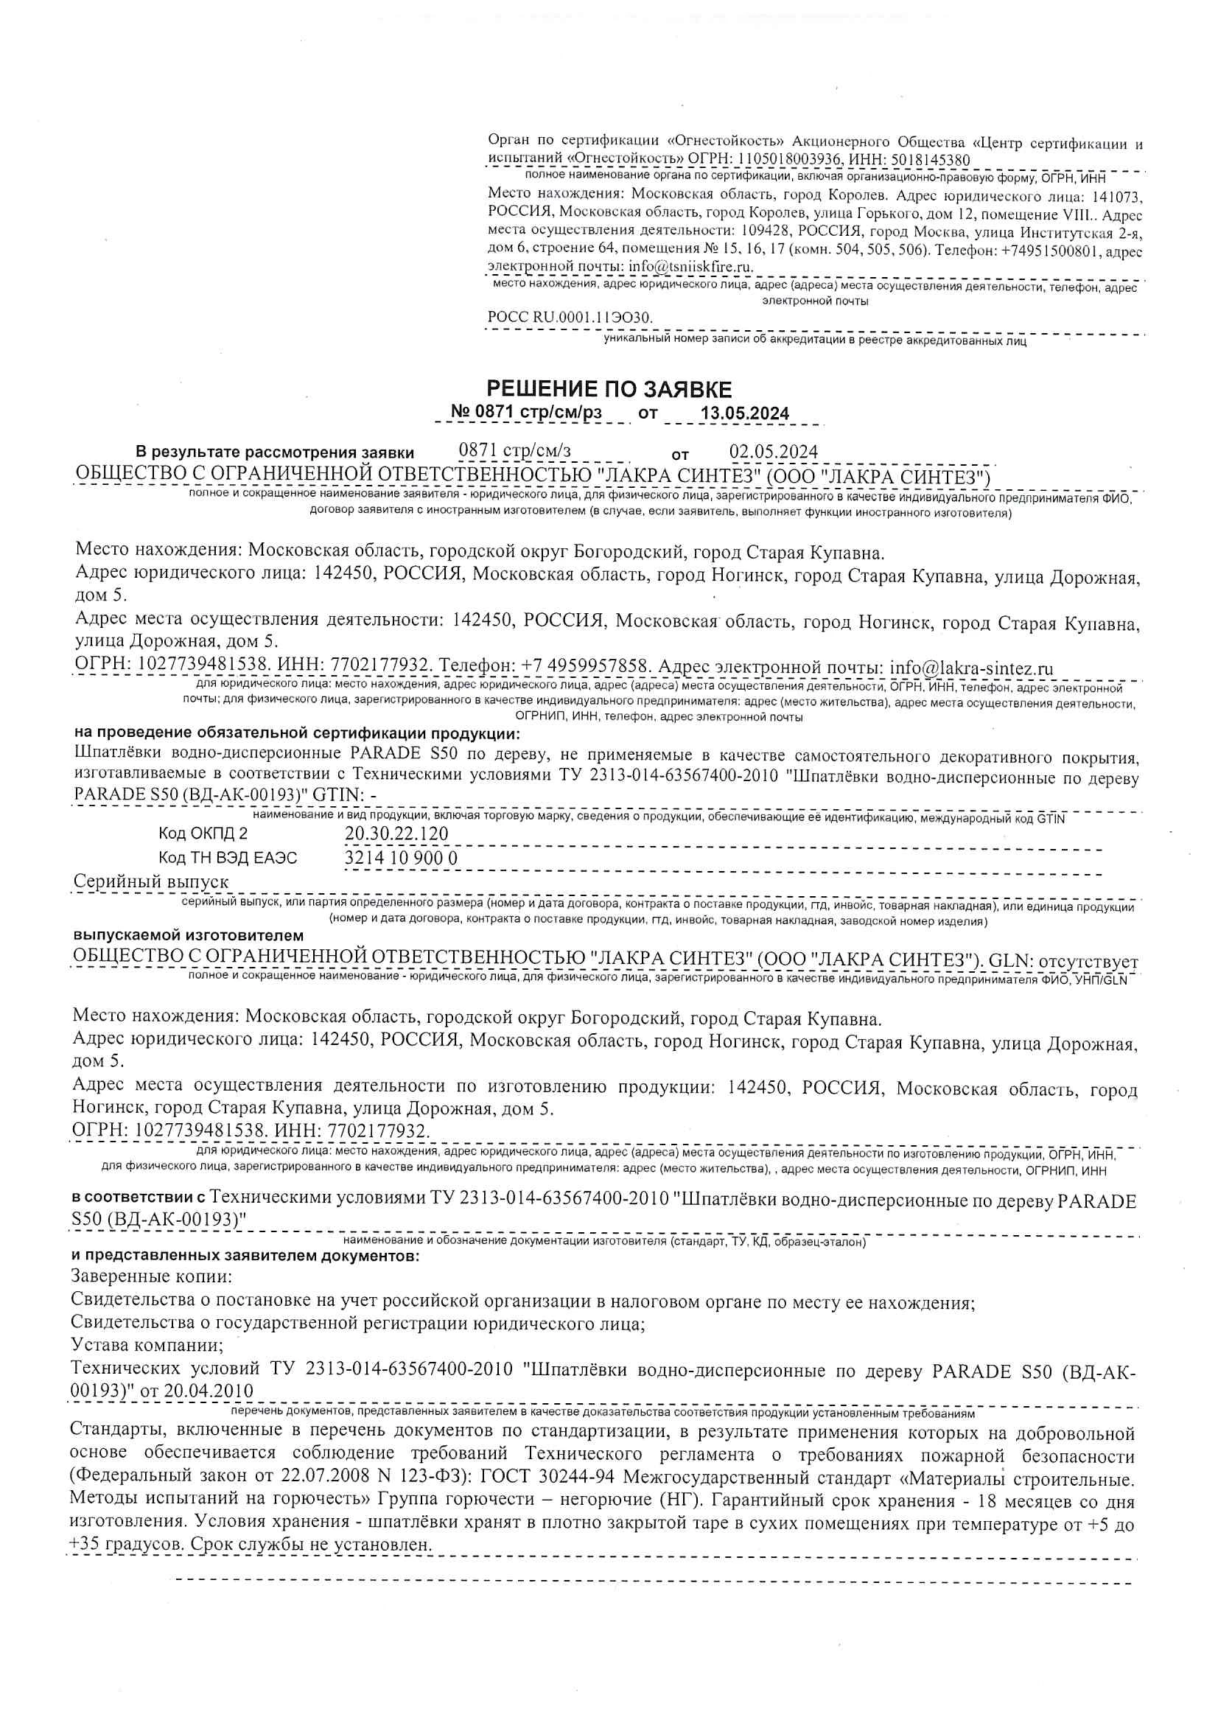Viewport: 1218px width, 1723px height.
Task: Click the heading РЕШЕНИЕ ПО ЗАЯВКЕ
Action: pos(609,389)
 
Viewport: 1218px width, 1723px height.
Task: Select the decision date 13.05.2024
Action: pos(743,413)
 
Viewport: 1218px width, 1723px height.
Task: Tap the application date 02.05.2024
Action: pos(773,452)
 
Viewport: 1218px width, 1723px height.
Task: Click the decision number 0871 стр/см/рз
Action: pos(526,413)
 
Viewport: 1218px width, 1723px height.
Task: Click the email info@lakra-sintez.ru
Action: pos(971,668)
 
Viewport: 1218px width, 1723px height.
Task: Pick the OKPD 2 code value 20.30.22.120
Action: pos(396,833)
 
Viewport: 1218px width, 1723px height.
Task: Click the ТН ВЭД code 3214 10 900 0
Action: pos(401,858)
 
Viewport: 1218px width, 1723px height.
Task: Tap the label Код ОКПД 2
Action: pos(203,833)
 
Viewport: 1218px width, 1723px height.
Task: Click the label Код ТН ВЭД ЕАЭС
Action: pos(228,858)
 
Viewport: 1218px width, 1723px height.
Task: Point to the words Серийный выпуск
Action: pos(151,883)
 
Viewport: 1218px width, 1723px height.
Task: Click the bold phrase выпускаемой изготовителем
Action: pos(189,936)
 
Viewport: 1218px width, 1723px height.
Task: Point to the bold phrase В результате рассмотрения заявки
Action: pos(275,452)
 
